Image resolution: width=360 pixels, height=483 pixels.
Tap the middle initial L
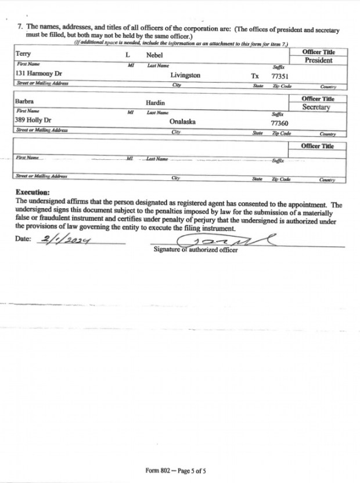point(128,54)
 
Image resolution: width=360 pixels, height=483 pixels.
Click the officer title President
point(318,60)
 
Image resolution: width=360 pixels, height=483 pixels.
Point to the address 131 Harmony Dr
point(38,74)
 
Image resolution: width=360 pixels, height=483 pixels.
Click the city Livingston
point(185,76)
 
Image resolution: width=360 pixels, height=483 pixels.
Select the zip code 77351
point(280,76)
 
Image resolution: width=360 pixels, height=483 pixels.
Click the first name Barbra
point(24,101)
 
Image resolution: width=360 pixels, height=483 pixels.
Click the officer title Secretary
point(316,108)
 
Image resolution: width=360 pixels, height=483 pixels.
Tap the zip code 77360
point(280,123)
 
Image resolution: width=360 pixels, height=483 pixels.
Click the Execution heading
point(33,192)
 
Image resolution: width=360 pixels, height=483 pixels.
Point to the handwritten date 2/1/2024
point(67,239)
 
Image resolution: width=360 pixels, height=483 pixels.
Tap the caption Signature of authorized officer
point(195,250)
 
